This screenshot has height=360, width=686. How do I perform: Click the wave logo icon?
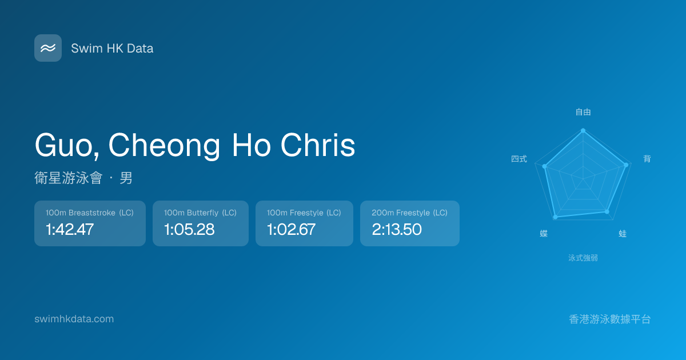pos(48,48)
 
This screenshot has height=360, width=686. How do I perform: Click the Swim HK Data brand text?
pos(112,49)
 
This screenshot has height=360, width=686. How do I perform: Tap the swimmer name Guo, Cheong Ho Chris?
pos(195,145)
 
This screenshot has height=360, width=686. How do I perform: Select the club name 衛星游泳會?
pos(68,178)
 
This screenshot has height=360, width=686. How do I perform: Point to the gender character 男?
pos(126,178)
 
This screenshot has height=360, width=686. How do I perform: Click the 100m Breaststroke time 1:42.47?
pos(70,229)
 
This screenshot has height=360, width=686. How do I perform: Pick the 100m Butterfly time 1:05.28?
pos(189,229)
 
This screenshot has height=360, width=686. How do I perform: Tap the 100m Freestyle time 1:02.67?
pos(291,229)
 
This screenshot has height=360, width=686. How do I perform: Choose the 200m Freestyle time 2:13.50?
pos(397,229)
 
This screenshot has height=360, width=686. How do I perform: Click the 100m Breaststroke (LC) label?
pos(90,213)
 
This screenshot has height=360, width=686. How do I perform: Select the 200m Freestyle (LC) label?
pos(410,213)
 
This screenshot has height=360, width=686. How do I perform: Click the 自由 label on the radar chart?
pos(583,112)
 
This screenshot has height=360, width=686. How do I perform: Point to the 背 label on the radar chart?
pos(647,159)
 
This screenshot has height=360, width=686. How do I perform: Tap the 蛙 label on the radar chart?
pos(623,234)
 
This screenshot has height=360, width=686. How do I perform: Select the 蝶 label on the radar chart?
pos(544,234)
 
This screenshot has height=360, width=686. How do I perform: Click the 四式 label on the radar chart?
pos(519,159)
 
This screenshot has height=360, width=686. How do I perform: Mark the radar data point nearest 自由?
pos(583,131)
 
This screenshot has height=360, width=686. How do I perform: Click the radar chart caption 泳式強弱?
pos(583,258)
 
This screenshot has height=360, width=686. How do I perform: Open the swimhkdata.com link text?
pos(74,319)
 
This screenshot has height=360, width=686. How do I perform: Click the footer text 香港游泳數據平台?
pos(610,319)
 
